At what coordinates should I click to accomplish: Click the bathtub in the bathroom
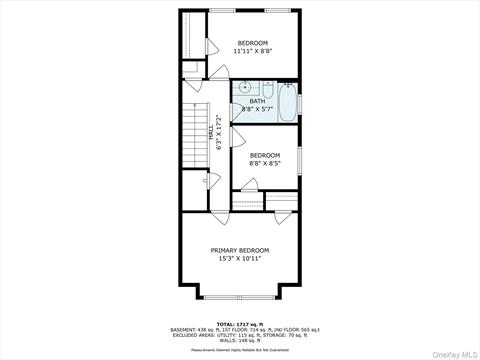point(287,103)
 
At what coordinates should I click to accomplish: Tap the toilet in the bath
point(268,89)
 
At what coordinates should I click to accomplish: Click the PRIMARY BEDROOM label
point(239,250)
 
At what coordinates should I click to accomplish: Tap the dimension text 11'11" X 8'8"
point(252,50)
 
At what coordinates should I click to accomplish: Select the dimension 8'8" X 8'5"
point(264,163)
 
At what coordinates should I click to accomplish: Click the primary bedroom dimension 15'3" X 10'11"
point(240,259)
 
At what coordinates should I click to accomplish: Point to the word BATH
point(257,101)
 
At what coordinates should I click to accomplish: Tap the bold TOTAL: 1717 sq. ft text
point(240,324)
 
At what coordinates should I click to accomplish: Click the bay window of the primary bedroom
point(240,297)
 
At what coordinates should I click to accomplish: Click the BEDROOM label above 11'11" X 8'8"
point(252,42)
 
